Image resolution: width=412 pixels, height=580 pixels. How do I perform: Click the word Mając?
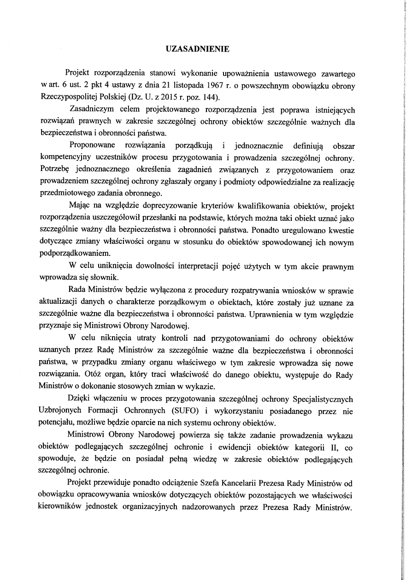[79, 206]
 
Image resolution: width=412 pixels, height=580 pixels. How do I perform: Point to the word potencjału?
[57, 421]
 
